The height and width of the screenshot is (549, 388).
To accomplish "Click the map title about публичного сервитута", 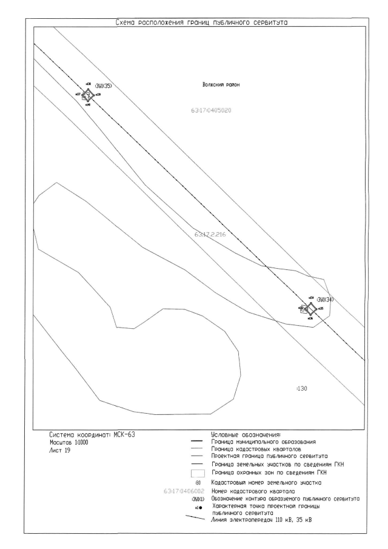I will pos(201,22).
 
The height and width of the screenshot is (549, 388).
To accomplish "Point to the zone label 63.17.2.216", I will pos(210,234).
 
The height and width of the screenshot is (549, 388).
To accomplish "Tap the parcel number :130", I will pos(301,388).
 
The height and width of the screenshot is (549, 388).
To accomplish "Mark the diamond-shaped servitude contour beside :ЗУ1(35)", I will pos(88,95).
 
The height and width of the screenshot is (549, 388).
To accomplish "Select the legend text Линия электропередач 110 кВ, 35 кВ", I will pos(263,520).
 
